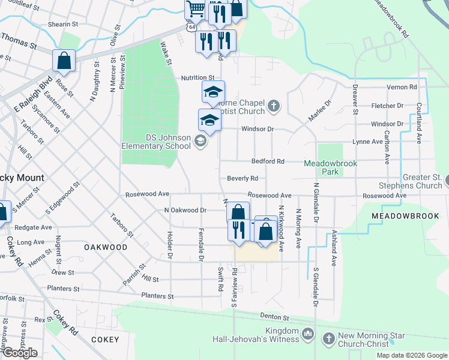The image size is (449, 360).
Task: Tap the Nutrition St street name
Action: point(197,78)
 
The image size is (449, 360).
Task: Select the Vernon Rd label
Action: point(402,87)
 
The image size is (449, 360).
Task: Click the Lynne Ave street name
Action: point(367,142)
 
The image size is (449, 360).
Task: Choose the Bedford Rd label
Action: point(268,161)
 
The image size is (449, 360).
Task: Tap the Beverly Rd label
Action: point(243,178)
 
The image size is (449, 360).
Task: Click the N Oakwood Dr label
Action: point(185,210)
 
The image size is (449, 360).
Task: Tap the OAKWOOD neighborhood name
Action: point(106,247)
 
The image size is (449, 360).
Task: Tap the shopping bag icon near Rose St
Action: point(64,61)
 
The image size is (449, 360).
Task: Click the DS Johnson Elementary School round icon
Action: point(200,141)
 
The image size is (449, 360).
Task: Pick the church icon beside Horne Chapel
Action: point(274,107)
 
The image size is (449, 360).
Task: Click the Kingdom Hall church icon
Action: point(308,332)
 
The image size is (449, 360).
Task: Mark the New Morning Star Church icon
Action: point(328,339)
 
